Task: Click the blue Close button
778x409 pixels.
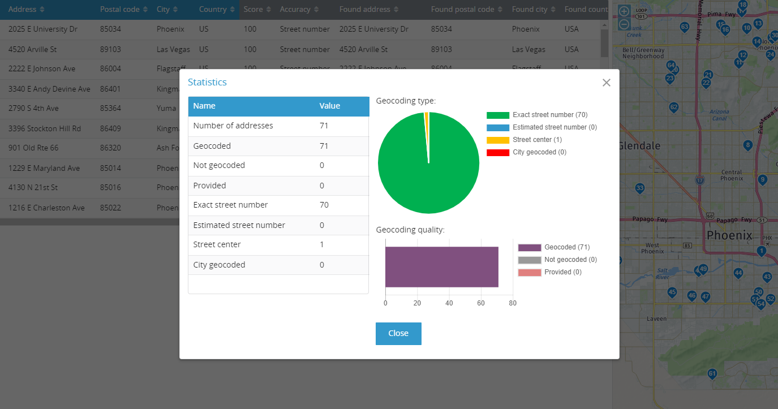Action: pyautogui.click(x=398, y=333)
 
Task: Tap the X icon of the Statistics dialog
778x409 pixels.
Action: pyautogui.click(x=607, y=83)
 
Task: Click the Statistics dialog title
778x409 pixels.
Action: pyautogui.click(x=207, y=82)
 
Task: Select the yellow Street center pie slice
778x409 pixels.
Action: pyautogui.click(x=427, y=117)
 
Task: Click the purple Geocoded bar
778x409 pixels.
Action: pyautogui.click(x=441, y=267)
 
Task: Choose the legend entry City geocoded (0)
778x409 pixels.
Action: pyautogui.click(x=539, y=152)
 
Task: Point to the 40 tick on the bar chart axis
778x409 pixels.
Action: pyautogui.click(x=449, y=303)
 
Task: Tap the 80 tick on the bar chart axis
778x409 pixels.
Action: pyautogui.click(x=513, y=303)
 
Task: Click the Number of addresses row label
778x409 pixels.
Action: pyautogui.click(x=233, y=126)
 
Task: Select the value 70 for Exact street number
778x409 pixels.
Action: pyautogui.click(x=324, y=205)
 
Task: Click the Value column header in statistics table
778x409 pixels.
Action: pyautogui.click(x=330, y=106)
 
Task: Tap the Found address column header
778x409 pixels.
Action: pyautogui.click(x=365, y=10)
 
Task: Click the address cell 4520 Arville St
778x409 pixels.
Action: pyautogui.click(x=33, y=49)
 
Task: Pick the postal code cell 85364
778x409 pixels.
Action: pyautogui.click(x=110, y=108)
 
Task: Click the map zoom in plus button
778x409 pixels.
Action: pyautogui.click(x=624, y=11)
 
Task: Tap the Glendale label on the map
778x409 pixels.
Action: pyautogui.click(x=639, y=146)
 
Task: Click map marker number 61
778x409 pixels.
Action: pyautogui.click(x=712, y=373)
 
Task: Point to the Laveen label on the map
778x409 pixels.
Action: pyautogui.click(x=657, y=318)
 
